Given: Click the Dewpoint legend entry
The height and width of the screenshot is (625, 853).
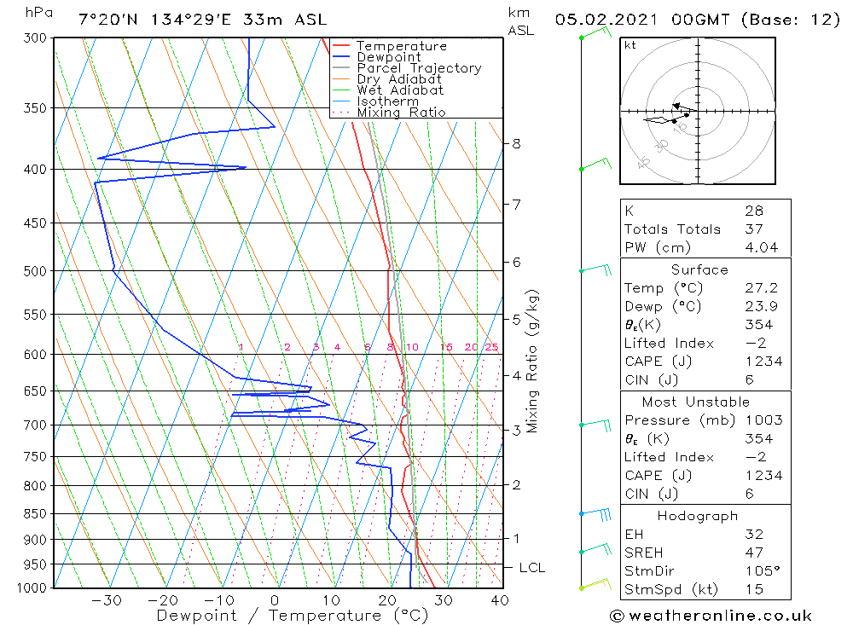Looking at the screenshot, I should pos(388,57).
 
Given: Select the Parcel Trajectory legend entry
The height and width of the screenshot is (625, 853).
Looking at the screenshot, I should pos(419,68).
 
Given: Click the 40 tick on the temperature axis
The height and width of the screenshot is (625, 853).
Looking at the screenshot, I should pos(500,600).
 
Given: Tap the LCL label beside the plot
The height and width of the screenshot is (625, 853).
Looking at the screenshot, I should pos(531,568).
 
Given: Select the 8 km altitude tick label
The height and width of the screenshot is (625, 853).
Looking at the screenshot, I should pos(516,144).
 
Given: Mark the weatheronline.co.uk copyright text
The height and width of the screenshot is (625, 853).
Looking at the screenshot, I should pos(711,616).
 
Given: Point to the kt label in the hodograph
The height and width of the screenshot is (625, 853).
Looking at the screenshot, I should pos(630,45).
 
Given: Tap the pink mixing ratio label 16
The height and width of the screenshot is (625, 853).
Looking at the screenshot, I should pos(446,347).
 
